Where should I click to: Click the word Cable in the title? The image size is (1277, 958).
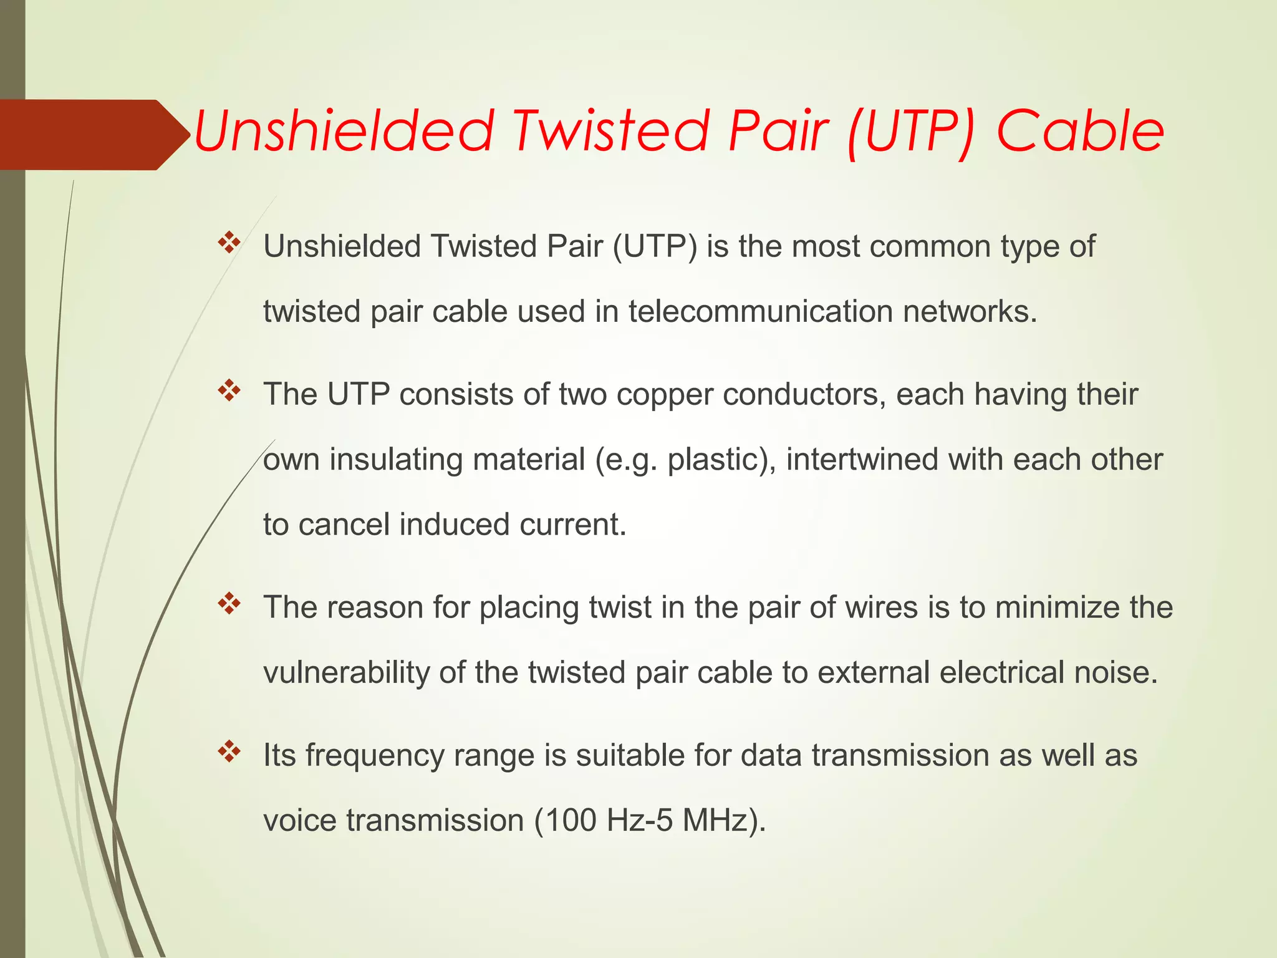tap(1080, 132)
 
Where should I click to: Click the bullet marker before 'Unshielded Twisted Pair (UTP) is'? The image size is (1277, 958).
tap(229, 243)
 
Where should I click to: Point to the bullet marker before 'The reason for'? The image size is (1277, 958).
tap(229, 604)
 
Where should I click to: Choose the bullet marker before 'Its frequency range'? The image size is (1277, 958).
tap(229, 752)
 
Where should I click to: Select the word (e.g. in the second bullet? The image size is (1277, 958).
tap(626, 460)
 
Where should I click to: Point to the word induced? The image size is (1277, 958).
tap(454, 525)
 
